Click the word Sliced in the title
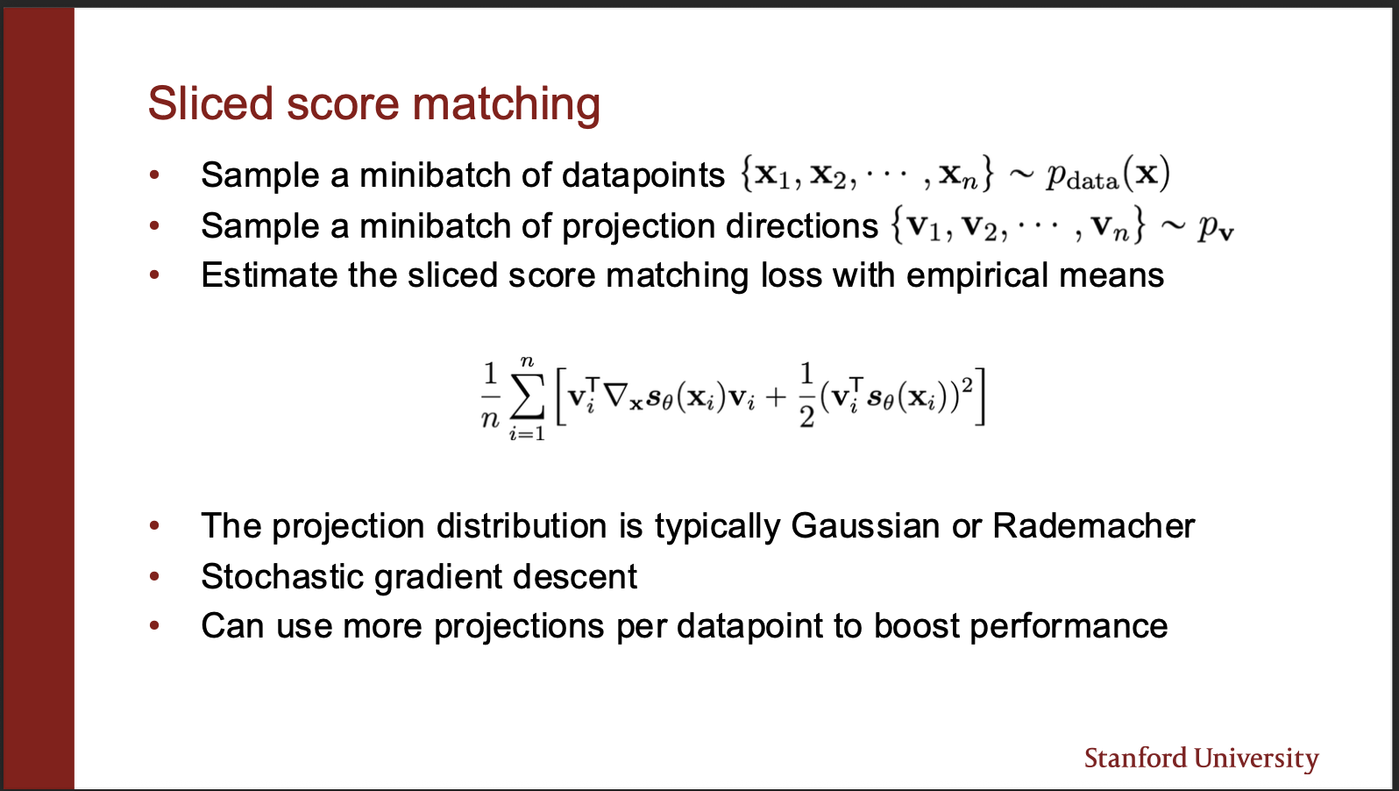(210, 103)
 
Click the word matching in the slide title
(506, 105)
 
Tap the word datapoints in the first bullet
(643, 175)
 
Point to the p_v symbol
(1216, 229)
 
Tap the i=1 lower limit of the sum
(527, 433)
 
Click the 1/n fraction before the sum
(490, 395)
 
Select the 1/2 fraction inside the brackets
(806, 395)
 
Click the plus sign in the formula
(775, 397)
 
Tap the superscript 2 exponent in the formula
(968, 386)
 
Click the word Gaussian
(865, 526)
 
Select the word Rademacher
(1094, 526)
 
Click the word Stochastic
(282, 576)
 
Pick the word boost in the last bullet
(916, 626)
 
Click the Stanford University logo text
(1201, 759)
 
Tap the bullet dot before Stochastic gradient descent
(154, 576)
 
